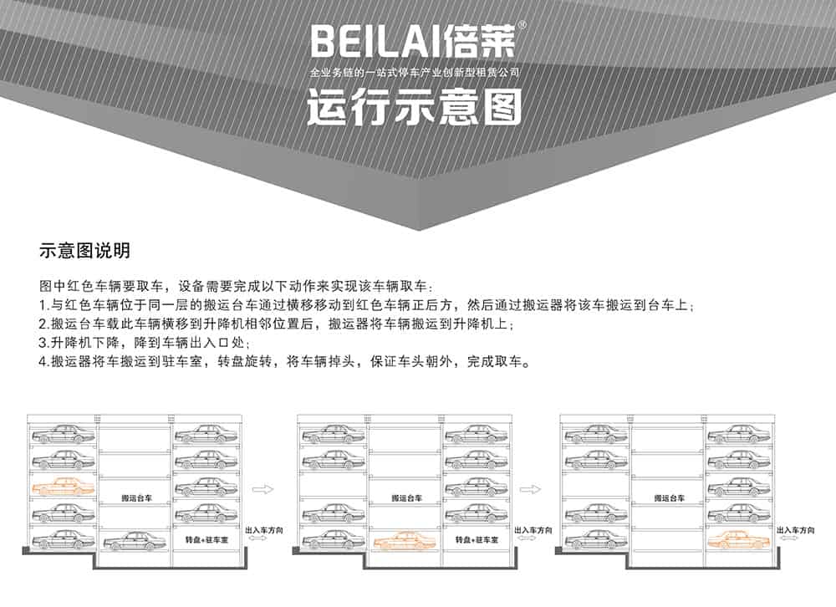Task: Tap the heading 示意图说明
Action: point(84,251)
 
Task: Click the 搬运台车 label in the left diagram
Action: point(135,497)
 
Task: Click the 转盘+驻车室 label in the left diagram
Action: point(207,541)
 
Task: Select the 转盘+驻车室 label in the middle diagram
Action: point(477,541)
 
